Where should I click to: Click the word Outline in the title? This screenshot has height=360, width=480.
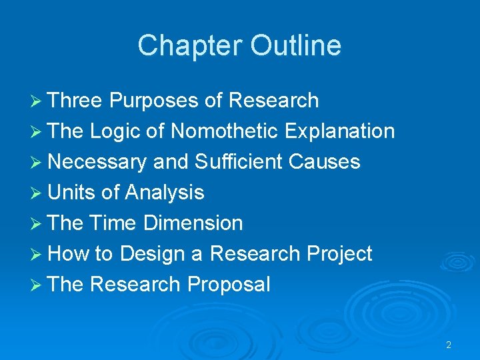click(296, 46)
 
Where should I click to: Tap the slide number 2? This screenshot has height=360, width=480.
click(448, 345)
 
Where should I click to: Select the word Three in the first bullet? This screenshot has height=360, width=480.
click(75, 101)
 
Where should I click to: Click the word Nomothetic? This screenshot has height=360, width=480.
click(224, 131)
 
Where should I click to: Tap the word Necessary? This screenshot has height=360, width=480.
click(97, 162)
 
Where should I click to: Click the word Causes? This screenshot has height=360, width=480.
click(329, 162)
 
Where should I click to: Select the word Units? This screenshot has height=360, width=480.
click(72, 193)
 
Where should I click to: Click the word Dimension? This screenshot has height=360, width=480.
click(194, 223)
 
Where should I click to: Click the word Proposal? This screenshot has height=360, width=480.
click(229, 285)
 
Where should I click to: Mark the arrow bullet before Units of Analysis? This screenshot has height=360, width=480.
click(39, 193)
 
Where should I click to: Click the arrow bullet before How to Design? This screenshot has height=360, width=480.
click(39, 255)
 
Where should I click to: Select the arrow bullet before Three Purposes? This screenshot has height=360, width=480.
click(39, 101)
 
